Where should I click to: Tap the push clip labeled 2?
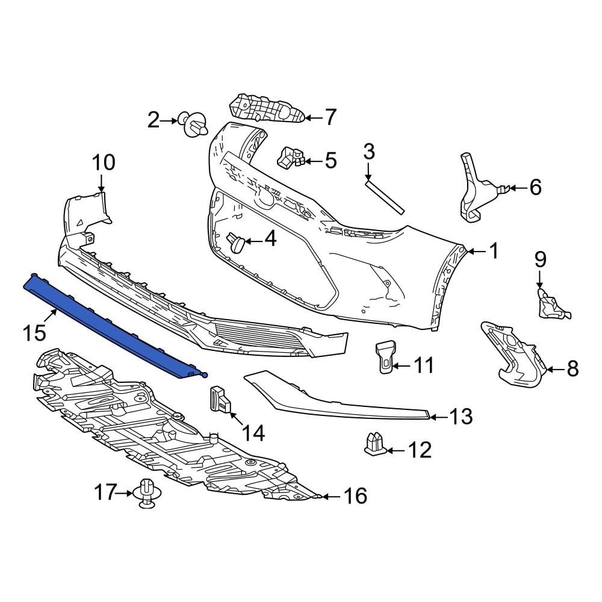[x=195, y=125]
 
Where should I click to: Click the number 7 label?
[x=330, y=117]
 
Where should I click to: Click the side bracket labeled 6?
[x=474, y=187]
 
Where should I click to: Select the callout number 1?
[x=494, y=250]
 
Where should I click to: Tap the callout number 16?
[x=355, y=496]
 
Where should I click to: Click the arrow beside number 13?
[x=438, y=416]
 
